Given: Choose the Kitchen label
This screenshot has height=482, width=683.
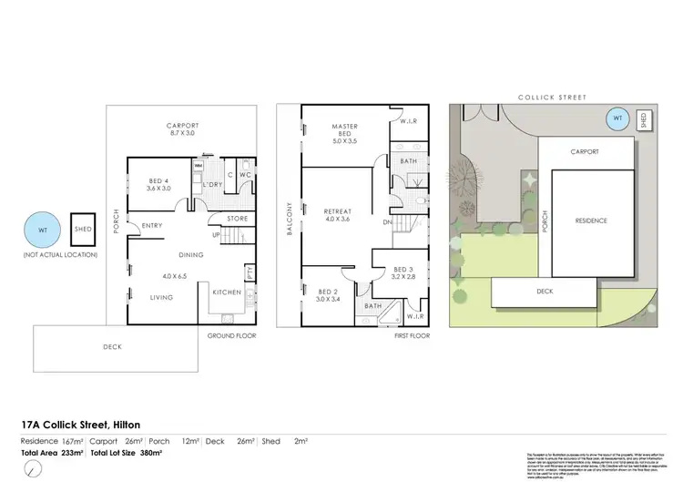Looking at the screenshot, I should coord(226,292).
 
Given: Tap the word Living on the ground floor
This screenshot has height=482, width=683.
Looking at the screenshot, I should coord(162,297).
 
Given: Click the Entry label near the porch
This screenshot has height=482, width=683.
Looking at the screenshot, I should coord(152,227).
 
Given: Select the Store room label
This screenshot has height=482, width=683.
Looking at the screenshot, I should coord(238,218).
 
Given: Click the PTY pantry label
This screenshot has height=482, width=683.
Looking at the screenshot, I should coord(250,272).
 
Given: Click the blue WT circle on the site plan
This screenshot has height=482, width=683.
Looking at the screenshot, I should coord(619,118).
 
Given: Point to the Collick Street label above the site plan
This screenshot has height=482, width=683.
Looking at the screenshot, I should coord(552,97).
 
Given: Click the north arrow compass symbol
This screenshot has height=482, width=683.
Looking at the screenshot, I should coord(33,468).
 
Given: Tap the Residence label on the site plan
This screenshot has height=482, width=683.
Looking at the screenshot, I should coord(591,220).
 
